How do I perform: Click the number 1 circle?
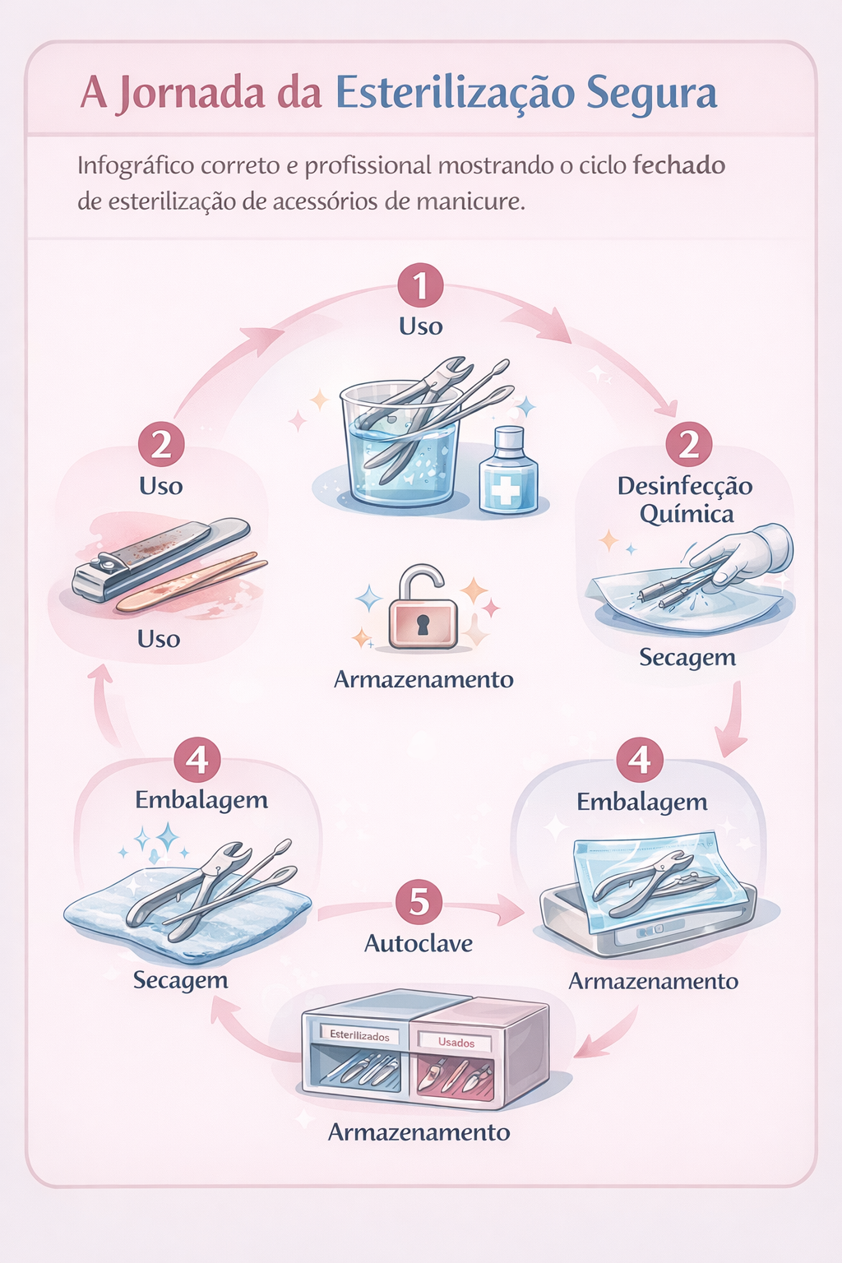420,286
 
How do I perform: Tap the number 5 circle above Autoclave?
419,901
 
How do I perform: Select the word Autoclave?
419,943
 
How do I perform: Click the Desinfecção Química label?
685,500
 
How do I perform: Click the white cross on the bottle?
505,492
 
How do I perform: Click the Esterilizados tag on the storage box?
359,1036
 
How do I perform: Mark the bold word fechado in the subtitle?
678,165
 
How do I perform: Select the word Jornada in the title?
192,94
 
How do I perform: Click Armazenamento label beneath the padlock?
423,680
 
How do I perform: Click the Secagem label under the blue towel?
180,980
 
